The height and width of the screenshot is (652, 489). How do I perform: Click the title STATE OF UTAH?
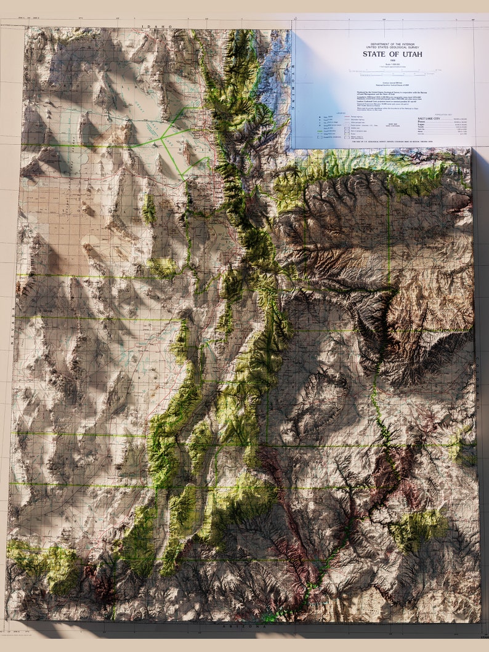coord(392,54)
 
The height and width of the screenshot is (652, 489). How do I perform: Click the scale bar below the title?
coord(392,71)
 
